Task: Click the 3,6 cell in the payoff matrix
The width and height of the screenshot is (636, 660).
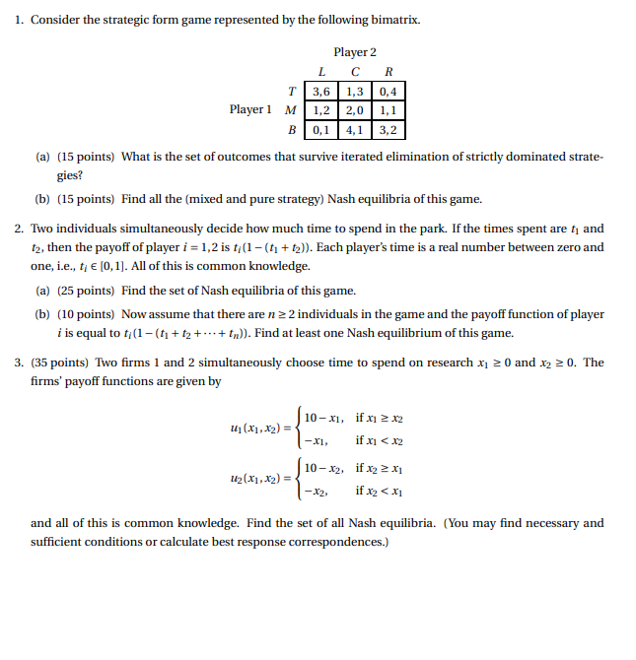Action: pyautogui.click(x=321, y=92)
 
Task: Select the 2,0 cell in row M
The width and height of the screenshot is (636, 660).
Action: pyautogui.click(x=355, y=110)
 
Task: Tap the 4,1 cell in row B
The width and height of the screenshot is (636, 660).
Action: pyautogui.click(x=355, y=129)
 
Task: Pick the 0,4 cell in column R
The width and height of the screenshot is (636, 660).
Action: pyautogui.click(x=389, y=92)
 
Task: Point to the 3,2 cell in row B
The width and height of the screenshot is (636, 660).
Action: pyautogui.click(x=389, y=129)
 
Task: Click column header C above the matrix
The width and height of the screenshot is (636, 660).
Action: pyautogui.click(x=355, y=72)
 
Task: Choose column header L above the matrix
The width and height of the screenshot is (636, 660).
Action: pyautogui.click(x=321, y=72)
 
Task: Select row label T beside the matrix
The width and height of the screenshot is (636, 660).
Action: pyautogui.click(x=291, y=92)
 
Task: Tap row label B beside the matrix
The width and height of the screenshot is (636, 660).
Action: pyautogui.click(x=291, y=129)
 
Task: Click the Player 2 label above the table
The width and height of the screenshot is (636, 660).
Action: pyautogui.click(x=355, y=52)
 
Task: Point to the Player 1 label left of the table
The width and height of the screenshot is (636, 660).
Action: pyautogui.click(x=250, y=109)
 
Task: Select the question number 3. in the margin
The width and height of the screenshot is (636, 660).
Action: pyautogui.click(x=20, y=363)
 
